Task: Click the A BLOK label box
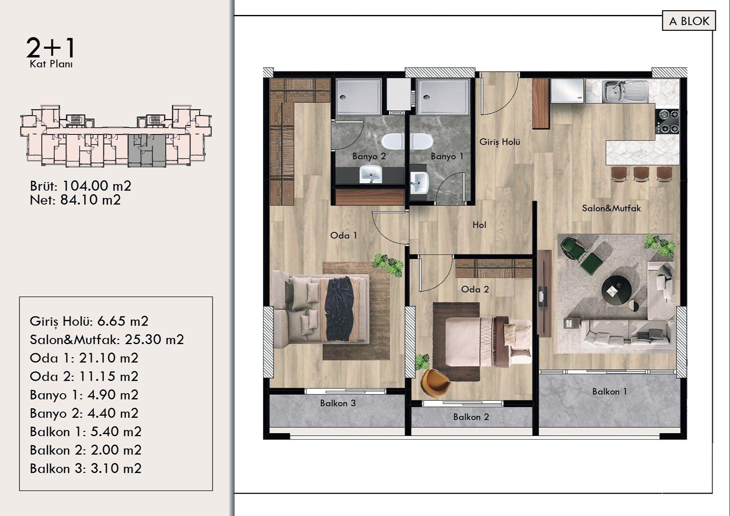689,21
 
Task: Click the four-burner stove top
667,121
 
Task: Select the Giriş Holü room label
500,142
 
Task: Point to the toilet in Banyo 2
392,141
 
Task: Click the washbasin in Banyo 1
420,182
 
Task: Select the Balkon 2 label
471,417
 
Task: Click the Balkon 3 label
338,403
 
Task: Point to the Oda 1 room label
344,236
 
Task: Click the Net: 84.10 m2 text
75,200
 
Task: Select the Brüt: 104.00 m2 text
80,186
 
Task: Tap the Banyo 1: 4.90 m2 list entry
84,395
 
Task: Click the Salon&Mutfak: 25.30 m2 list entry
106,340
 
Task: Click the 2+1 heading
51,48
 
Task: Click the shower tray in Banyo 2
358,97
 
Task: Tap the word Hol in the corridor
479,225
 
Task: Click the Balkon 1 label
609,392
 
